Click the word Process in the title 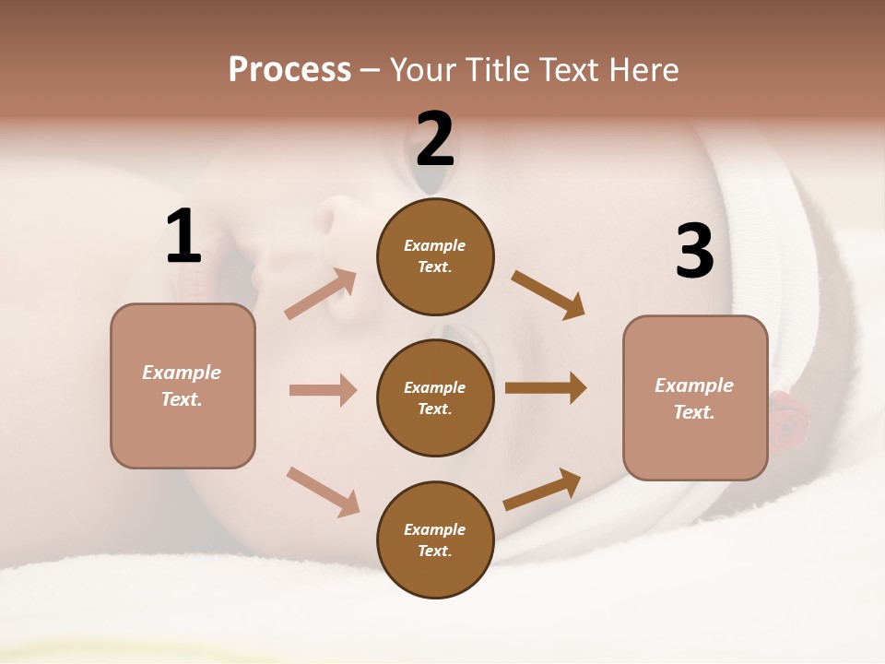[289, 70]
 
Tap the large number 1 [183, 237]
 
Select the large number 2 [435, 139]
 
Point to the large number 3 [694, 251]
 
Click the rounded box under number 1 [183, 385]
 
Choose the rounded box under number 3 [695, 398]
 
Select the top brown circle [435, 256]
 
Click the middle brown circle [435, 397]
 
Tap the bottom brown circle [435, 539]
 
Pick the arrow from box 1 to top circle [321, 294]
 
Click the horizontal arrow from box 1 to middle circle [323, 390]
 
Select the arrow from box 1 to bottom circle [323, 492]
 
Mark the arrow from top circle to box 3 [549, 295]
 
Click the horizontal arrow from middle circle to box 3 [545, 388]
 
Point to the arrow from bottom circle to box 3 [542, 490]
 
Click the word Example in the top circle [435, 245]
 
